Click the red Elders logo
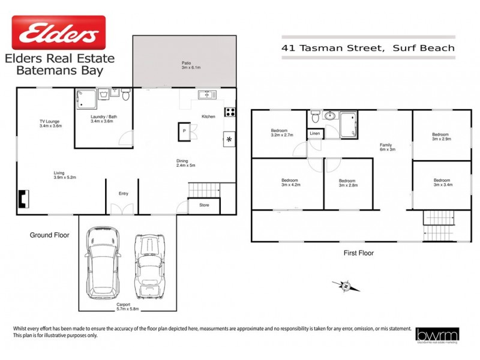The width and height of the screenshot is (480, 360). click(x=58, y=32)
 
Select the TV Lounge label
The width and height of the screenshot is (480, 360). click(x=50, y=124)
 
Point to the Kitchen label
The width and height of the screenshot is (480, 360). click(x=208, y=116)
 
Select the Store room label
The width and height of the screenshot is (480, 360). click(x=204, y=205)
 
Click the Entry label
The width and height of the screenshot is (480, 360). click(x=124, y=193)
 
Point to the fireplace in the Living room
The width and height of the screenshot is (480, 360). click(x=23, y=199)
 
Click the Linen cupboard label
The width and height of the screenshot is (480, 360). click(x=314, y=134)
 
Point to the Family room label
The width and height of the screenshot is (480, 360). click(x=387, y=147)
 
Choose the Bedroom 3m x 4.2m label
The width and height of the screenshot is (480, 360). click(x=291, y=183)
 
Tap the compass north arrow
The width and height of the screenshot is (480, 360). click(x=346, y=286)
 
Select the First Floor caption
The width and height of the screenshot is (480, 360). click(x=358, y=253)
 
